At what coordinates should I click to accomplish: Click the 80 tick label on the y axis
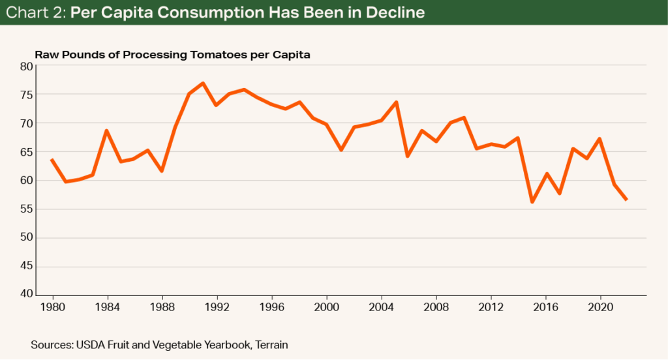(x=27, y=66)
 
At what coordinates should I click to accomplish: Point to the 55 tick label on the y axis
(x=27, y=209)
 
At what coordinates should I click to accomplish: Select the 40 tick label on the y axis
(x=27, y=295)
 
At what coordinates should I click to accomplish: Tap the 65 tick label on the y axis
(x=27, y=152)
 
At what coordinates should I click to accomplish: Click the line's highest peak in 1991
(x=203, y=83)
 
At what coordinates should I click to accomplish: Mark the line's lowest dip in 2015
(x=532, y=202)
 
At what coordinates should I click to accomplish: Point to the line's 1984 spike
(x=106, y=130)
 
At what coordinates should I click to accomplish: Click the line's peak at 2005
(x=395, y=102)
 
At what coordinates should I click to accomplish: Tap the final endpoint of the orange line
(x=627, y=200)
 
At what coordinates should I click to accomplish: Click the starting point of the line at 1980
(x=52, y=159)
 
